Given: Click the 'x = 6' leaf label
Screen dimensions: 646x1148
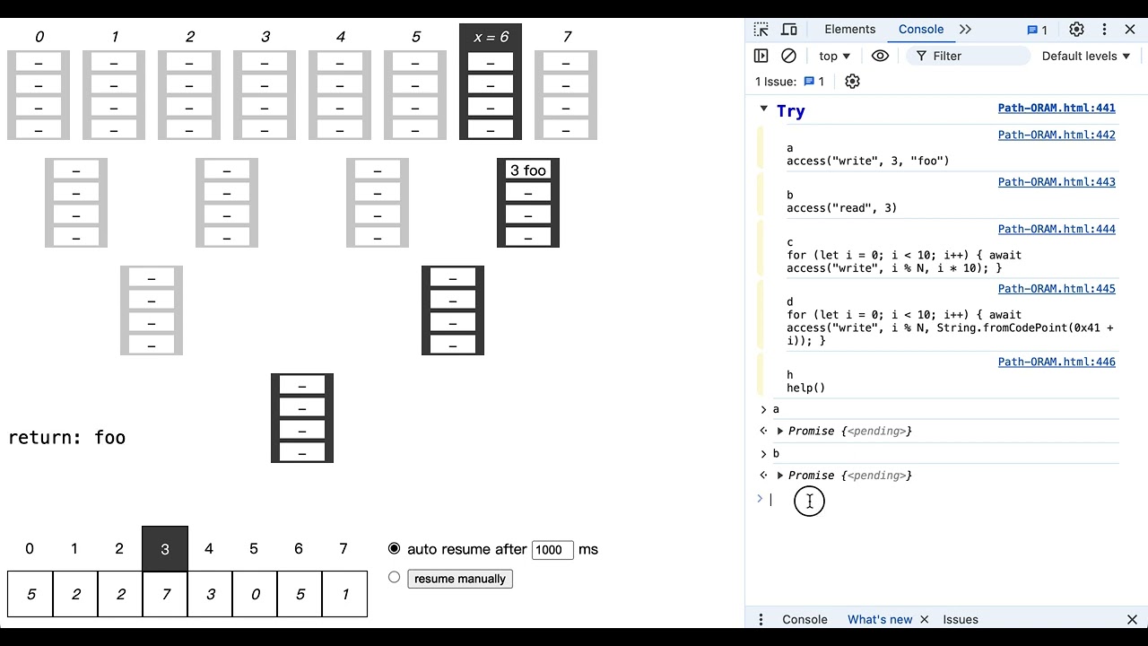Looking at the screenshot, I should coord(491,37).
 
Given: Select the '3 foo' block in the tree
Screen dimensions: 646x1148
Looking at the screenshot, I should coord(528,170).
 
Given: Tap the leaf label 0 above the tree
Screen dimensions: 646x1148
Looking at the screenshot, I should coord(39,37).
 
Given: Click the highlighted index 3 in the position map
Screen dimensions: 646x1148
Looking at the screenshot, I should coord(165,549).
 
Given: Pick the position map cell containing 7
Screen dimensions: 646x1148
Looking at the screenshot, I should coord(165,594).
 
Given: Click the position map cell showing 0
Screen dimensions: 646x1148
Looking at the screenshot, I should coord(255,594).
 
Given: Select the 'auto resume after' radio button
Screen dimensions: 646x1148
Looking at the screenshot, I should coord(395,548).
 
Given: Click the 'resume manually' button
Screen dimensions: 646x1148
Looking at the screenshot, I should coord(460,579).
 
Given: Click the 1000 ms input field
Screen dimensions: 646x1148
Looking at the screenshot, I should coord(552,550).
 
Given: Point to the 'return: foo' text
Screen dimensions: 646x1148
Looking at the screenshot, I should coord(67,438).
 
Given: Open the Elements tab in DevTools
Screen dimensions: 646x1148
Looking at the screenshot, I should coord(849,29).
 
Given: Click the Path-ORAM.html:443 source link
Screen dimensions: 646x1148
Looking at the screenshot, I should coord(1057,182).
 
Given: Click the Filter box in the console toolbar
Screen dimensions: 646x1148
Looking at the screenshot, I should coord(969,56).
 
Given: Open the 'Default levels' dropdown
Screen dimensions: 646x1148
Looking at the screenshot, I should coord(1085,56).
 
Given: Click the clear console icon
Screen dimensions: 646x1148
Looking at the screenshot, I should coord(788,56).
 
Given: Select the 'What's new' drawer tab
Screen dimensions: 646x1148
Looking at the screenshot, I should coord(879,619).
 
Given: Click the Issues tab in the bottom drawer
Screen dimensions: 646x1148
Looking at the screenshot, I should coord(960,619).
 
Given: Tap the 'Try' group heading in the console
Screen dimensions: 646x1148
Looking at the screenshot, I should coord(790,110).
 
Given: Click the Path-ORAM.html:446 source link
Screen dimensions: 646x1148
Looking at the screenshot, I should coord(1057,362).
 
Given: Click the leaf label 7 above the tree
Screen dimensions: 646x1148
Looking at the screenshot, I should coord(567,37).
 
